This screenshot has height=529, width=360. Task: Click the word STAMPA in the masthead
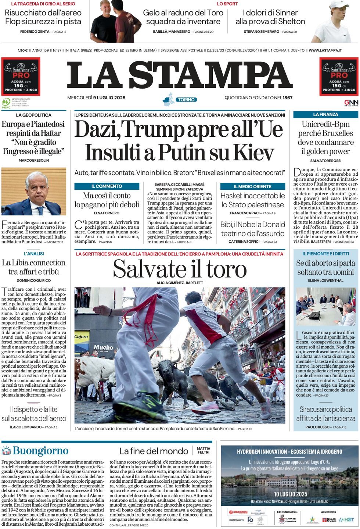(211, 75)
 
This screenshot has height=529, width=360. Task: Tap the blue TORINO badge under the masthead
(186, 100)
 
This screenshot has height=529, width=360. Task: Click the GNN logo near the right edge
(351, 102)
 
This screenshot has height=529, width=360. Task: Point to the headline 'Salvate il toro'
(180, 269)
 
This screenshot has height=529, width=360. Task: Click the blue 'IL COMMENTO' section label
(107, 186)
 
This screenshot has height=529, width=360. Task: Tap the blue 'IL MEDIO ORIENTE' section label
(253, 186)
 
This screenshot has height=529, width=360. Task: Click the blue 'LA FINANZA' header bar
(325, 114)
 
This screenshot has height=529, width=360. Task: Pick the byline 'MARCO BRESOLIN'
(34, 160)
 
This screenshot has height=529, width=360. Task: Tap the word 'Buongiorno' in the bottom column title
(40, 451)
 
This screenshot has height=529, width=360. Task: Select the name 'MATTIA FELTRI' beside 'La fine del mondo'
(204, 450)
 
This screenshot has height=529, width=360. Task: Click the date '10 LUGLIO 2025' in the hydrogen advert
(290, 494)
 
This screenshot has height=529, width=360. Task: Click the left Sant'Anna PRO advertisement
(21, 76)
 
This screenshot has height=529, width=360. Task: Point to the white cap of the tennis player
(339, 4)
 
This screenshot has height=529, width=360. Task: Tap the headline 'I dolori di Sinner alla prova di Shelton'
(270, 17)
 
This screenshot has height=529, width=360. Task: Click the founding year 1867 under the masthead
(288, 98)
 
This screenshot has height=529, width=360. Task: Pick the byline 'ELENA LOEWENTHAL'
(325, 280)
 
